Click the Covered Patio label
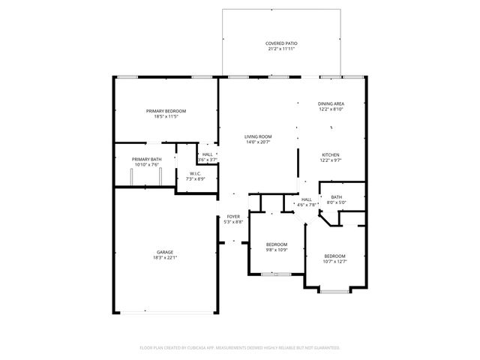[281, 43]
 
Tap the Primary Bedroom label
[166, 111]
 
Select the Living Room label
[258, 136]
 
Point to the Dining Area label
[331, 103]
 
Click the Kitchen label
[331, 154]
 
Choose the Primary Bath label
[146, 159]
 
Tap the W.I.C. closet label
[195, 174]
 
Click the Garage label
[165, 252]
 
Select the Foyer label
[234, 217]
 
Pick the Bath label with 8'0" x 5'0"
[336, 196]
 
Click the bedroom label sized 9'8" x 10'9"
[277, 244]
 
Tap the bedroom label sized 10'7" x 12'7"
[334, 256]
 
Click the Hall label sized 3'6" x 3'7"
[207, 154]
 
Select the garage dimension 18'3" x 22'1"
[165, 258]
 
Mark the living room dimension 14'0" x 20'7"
[258, 142]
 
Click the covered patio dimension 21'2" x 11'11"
[281, 49]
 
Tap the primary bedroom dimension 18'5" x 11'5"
[166, 116]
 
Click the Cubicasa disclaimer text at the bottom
[240, 348]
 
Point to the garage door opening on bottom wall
[166, 313]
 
